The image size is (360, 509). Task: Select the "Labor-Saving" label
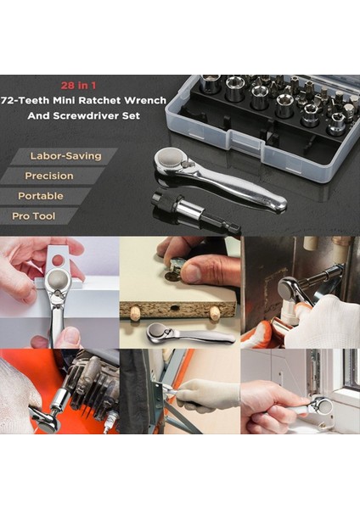pos(65,156)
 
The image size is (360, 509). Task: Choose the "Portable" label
pos(41,196)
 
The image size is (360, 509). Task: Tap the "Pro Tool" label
pos(34,216)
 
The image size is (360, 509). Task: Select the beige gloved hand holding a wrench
pos(204,393)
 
